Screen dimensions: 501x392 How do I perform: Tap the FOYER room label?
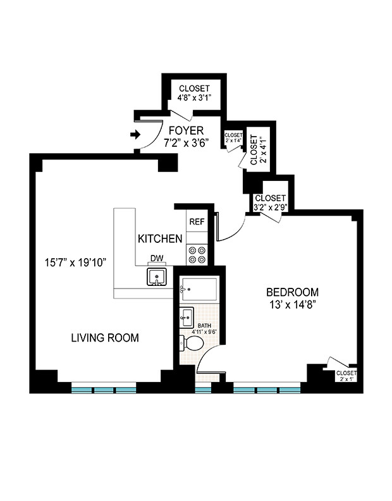(x=190, y=131)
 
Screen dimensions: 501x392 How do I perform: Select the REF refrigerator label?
(x=197, y=221)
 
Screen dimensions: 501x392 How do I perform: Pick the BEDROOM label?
(x=292, y=292)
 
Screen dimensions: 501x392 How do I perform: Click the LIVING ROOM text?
(x=105, y=338)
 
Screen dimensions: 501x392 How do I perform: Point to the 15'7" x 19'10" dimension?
(x=74, y=261)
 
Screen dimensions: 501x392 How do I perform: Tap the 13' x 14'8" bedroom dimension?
(x=292, y=305)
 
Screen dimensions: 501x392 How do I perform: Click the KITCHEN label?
(x=161, y=239)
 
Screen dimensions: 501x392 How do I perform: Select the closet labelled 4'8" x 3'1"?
(x=194, y=93)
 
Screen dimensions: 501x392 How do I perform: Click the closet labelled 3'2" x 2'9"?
(x=270, y=202)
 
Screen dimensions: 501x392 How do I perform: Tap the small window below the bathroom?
(x=202, y=390)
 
